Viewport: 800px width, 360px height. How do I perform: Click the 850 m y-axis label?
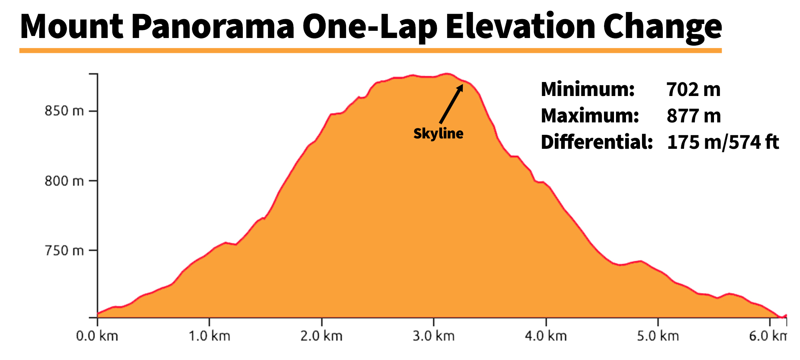coord(64,111)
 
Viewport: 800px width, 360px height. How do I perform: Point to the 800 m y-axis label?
coord(64,181)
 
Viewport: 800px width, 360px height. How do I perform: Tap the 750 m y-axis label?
coord(64,251)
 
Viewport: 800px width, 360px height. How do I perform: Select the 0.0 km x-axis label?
coord(97,336)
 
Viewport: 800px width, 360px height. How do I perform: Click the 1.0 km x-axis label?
coord(210,336)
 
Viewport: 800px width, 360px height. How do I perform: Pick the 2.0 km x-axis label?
coord(322,336)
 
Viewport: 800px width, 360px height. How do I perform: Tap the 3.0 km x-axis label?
coord(434,336)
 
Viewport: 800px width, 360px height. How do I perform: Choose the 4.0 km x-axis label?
coord(546,336)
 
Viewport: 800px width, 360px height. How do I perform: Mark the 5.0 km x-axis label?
coord(658,336)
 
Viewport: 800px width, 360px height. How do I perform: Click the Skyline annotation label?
coord(438,134)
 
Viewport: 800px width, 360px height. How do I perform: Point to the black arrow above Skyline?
coord(451,104)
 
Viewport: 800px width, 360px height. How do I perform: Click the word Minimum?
coord(588,89)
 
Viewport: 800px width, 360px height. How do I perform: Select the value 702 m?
coord(694,89)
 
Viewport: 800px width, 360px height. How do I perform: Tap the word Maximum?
coord(590,116)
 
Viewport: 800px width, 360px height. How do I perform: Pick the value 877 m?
coord(694,116)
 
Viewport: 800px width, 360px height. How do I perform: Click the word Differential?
coord(597,142)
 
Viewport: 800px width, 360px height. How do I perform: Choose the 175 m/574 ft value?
coord(723,142)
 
